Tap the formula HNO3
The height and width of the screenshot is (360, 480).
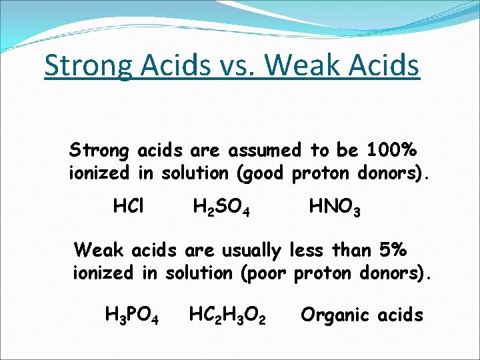[x=335, y=208]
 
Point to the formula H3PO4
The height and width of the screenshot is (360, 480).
[x=132, y=315]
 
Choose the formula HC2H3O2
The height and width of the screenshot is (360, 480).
[x=228, y=315]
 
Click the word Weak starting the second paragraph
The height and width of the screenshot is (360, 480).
[x=99, y=250]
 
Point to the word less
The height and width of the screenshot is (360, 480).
[x=308, y=250]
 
